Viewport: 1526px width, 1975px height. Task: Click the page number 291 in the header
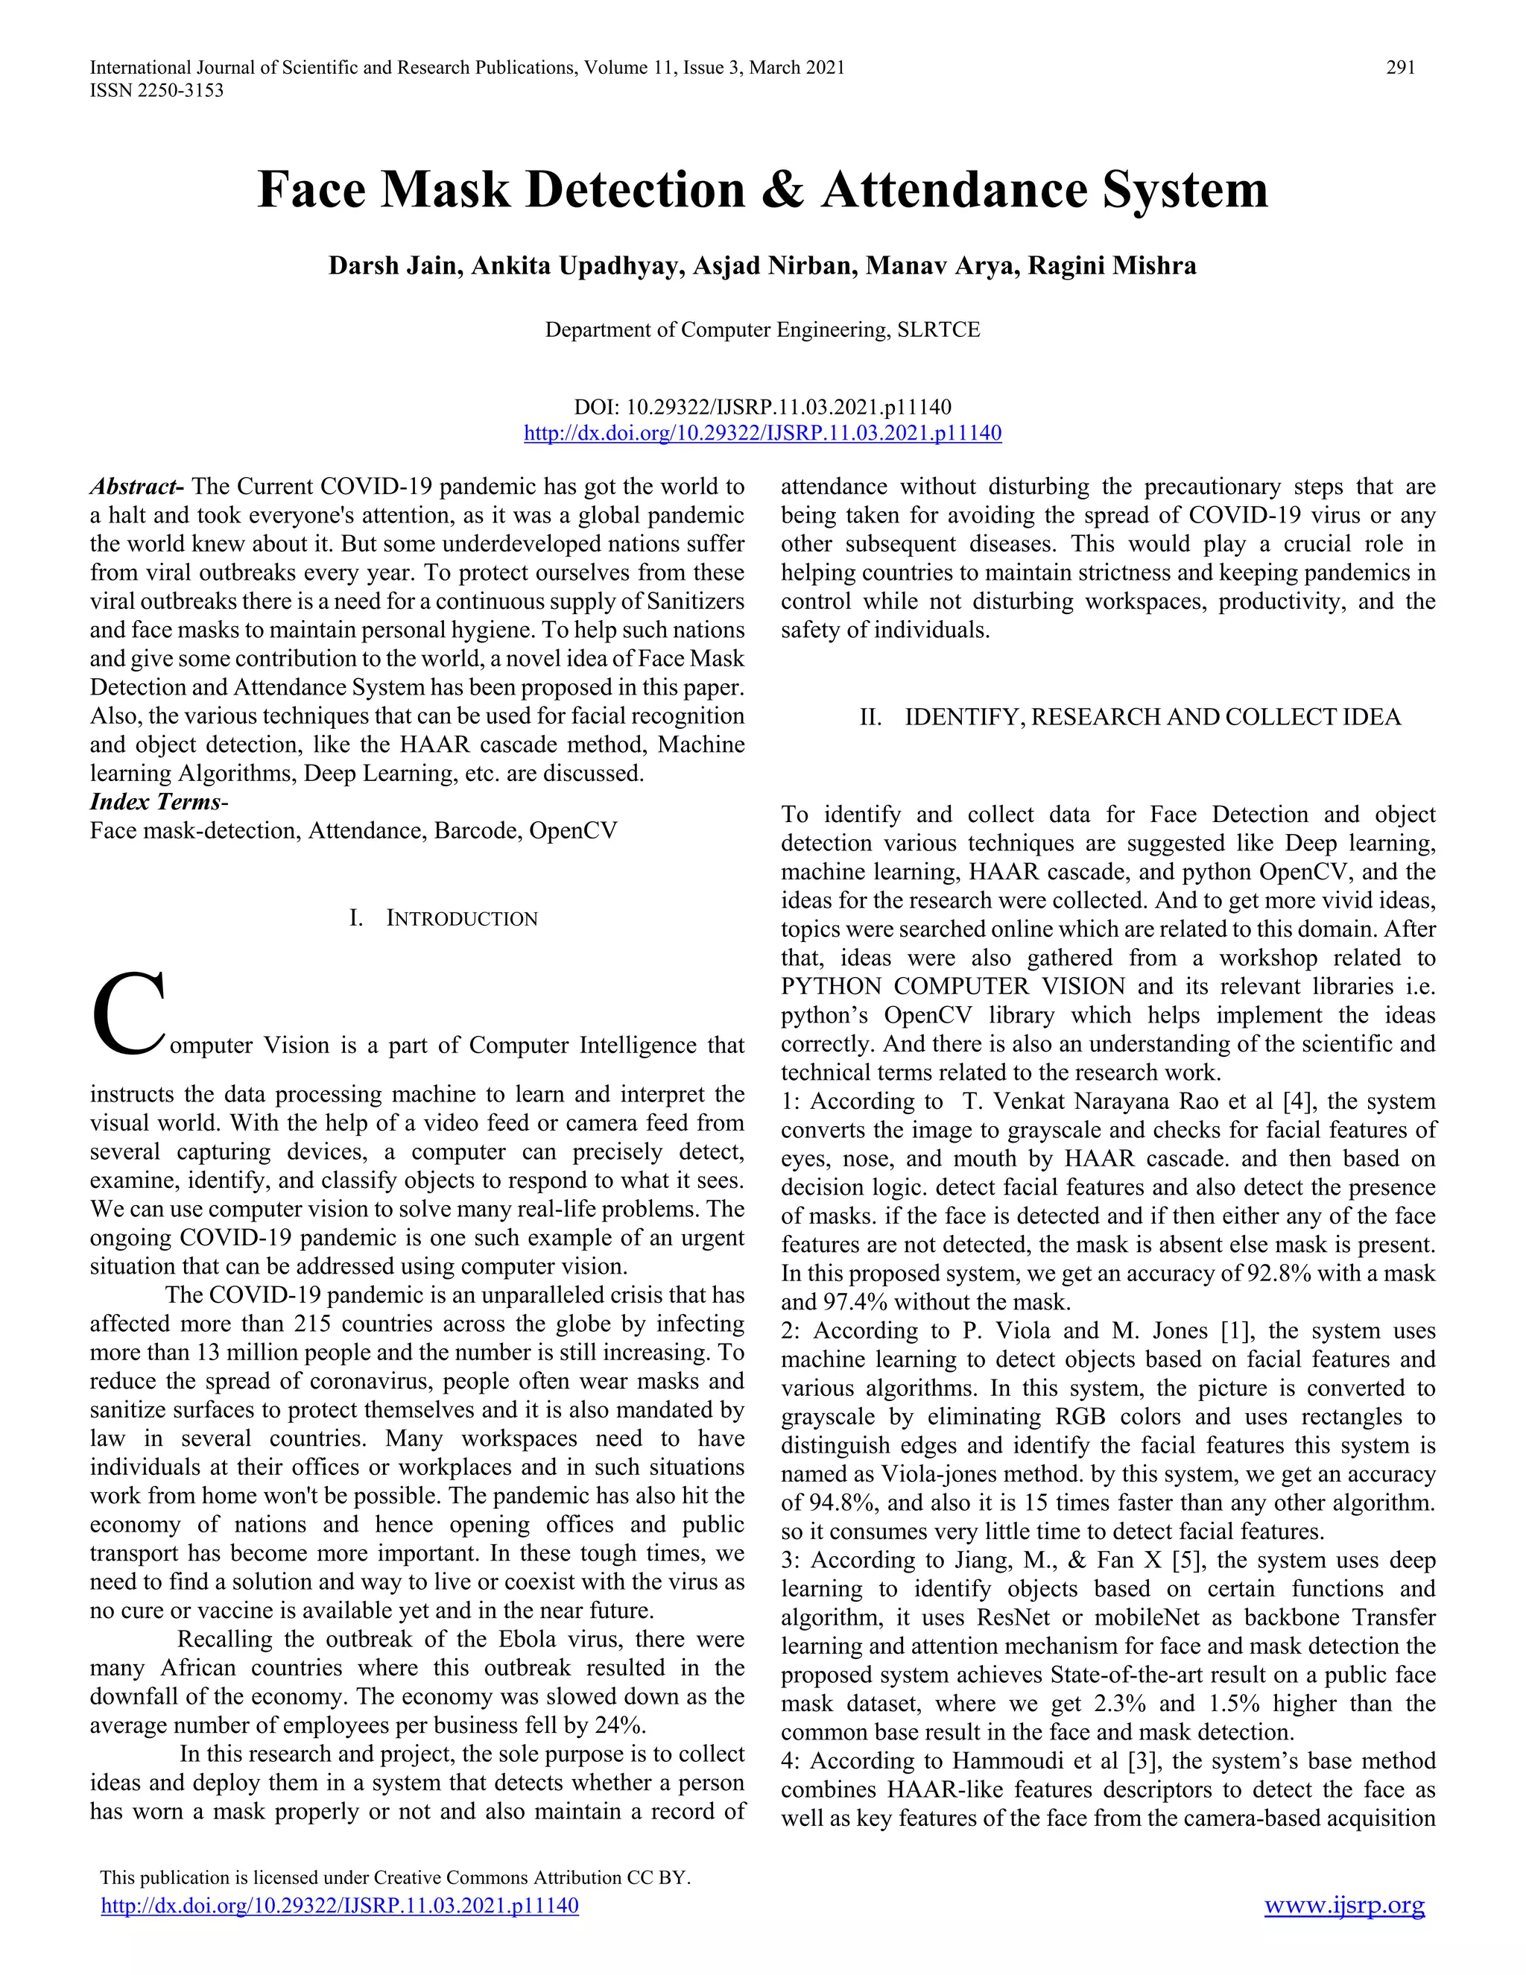pos(1400,67)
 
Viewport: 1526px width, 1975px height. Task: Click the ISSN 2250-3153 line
pos(156,90)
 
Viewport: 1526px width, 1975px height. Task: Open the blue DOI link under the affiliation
pos(762,433)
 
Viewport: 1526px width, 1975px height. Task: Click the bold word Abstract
pos(136,487)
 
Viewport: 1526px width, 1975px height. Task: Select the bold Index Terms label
pos(156,802)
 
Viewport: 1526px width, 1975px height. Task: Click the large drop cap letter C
pos(128,1014)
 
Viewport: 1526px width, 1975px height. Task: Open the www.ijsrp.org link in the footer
pos(1343,1906)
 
